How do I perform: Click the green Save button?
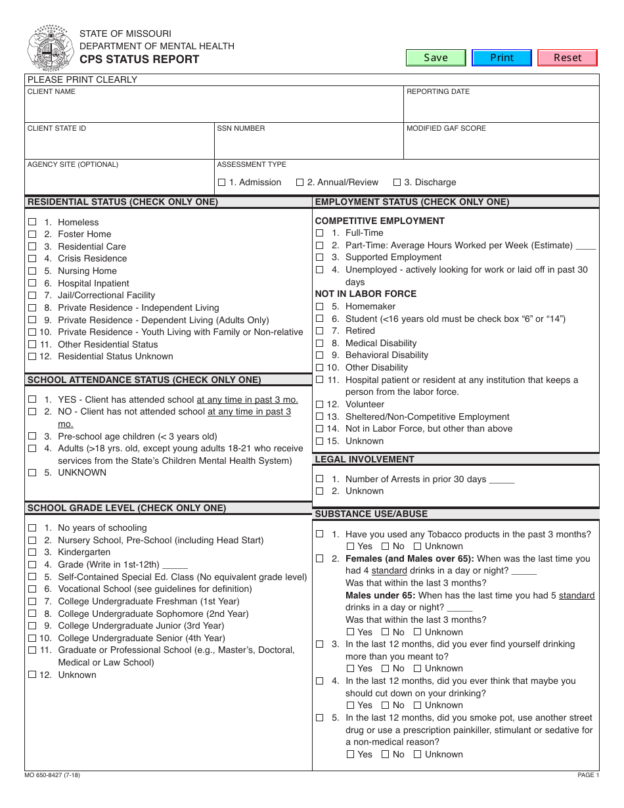click(x=435, y=58)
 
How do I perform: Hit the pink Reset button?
click(x=568, y=58)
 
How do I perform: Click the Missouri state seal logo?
click(x=50, y=47)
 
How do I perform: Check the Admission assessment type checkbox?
click(x=221, y=182)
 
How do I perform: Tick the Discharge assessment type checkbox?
click(x=397, y=182)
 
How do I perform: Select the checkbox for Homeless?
click(x=32, y=222)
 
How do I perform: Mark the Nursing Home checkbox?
click(x=32, y=271)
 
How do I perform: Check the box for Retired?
click(x=319, y=330)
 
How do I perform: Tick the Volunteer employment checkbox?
click(x=319, y=404)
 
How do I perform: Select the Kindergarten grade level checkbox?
click(x=32, y=552)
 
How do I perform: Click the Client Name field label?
click(x=51, y=92)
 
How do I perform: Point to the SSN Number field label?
click(x=241, y=129)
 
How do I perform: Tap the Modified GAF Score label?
click(x=446, y=129)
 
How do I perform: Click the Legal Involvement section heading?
click(x=365, y=459)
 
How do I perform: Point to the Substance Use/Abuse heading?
click(x=371, y=514)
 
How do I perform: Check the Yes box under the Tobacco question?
click(x=351, y=546)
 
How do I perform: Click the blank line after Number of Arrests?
click(x=502, y=480)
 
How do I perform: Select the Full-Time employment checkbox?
click(x=319, y=233)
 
